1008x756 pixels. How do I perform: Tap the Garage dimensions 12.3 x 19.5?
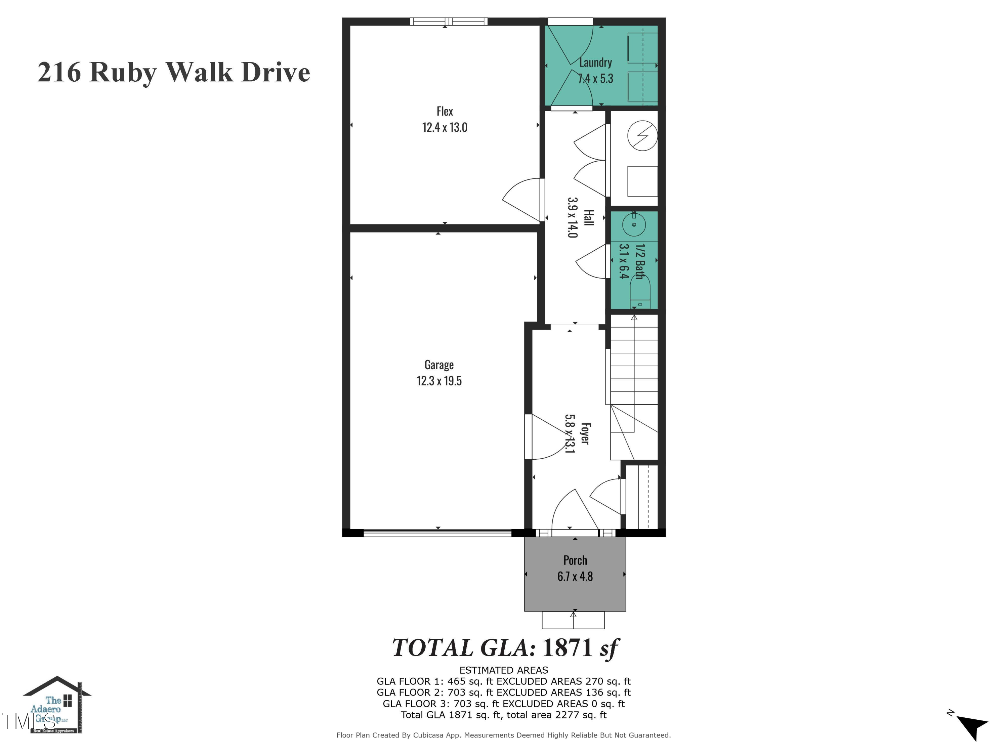pyautogui.click(x=439, y=381)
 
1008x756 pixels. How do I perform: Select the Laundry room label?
pyautogui.click(x=595, y=62)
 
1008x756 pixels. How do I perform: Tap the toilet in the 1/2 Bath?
pyautogui.click(x=640, y=292)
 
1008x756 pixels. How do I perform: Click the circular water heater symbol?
pyautogui.click(x=642, y=135)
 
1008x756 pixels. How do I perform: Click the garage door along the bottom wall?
pyautogui.click(x=437, y=533)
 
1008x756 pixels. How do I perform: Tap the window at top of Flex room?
pyautogui.click(x=449, y=22)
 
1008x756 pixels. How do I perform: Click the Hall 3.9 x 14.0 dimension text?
pyautogui.click(x=572, y=217)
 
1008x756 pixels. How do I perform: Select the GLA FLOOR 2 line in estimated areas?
pyautogui.click(x=504, y=692)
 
